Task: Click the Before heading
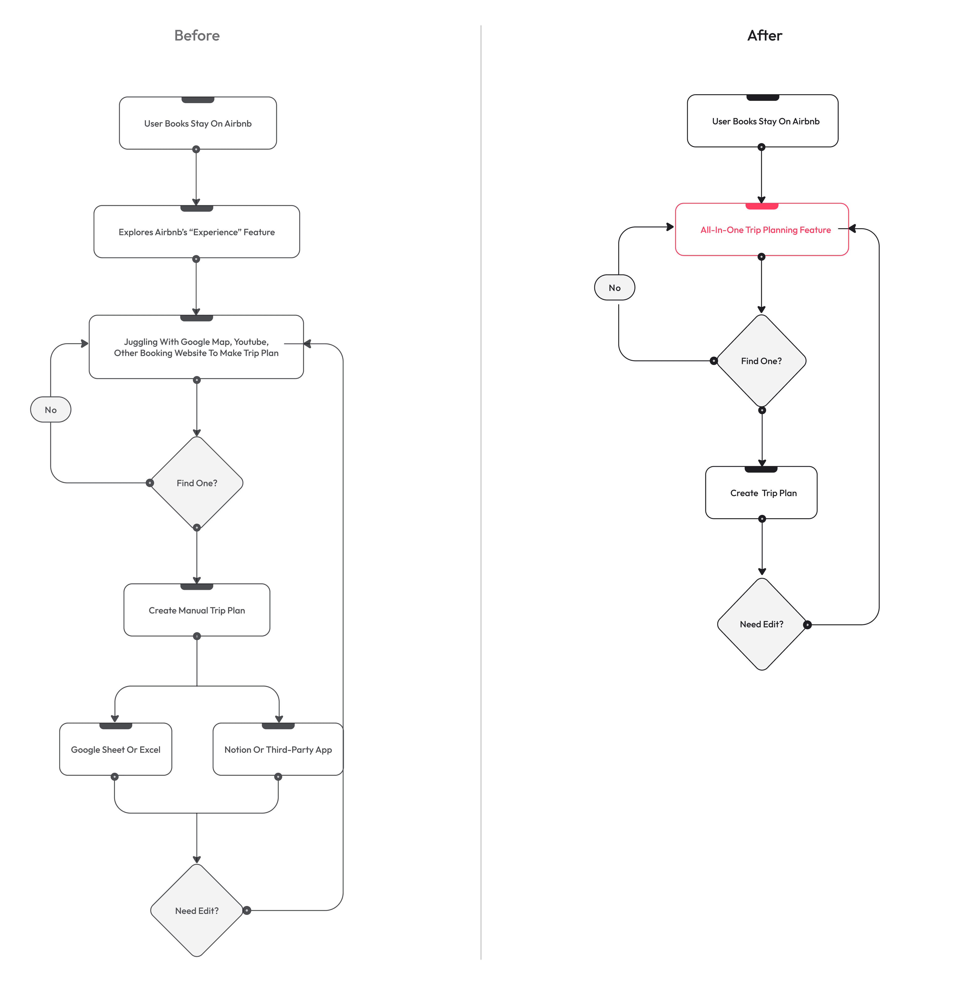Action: click(x=196, y=35)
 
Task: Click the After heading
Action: click(x=765, y=35)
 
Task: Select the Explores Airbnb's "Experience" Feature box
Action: click(x=196, y=232)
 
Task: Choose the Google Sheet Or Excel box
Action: click(x=116, y=749)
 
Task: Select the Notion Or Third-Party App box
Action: click(x=278, y=749)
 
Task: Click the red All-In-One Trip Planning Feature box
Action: click(x=762, y=230)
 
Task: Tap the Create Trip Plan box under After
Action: click(x=761, y=493)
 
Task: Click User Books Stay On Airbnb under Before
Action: click(x=197, y=123)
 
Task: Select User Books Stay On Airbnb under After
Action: click(x=763, y=121)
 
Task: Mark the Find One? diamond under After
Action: click(x=761, y=361)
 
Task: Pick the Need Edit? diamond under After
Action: click(x=761, y=624)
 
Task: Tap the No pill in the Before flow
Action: click(x=51, y=409)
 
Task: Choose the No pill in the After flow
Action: click(x=614, y=287)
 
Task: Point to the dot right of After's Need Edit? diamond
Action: click(x=807, y=625)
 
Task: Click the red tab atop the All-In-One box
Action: click(x=762, y=206)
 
